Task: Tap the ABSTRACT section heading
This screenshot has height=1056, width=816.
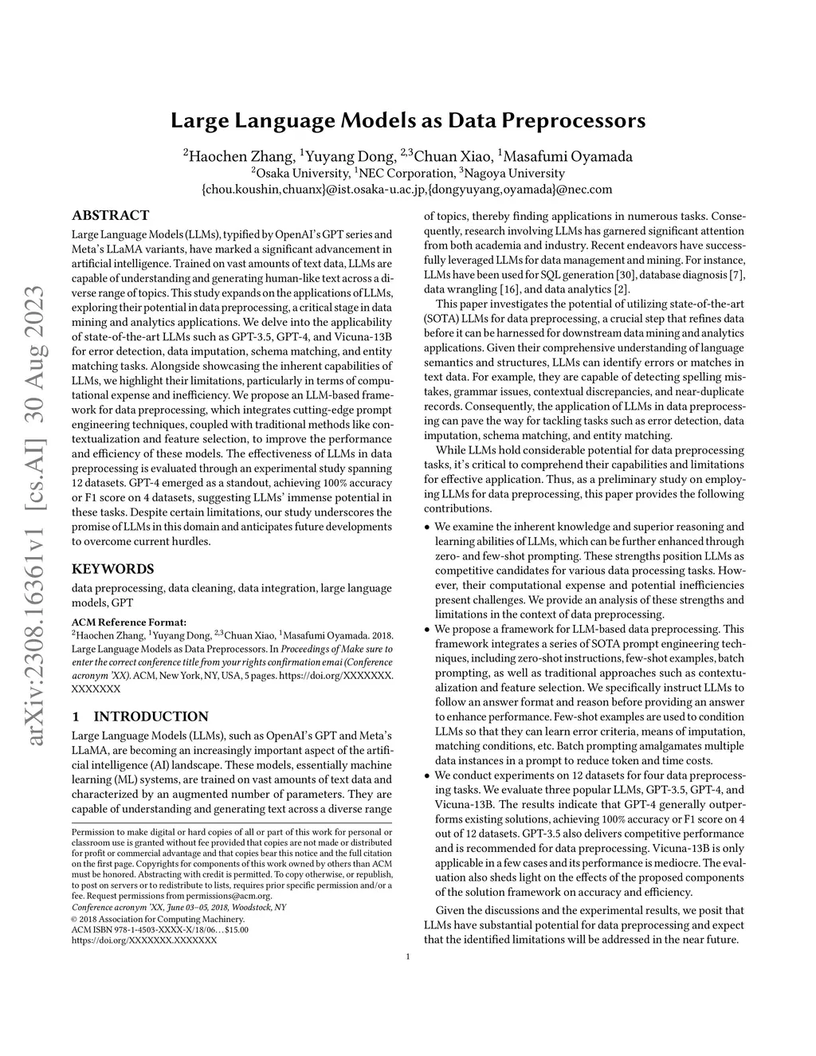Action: coord(110,215)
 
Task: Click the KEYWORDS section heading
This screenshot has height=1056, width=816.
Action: coord(112,569)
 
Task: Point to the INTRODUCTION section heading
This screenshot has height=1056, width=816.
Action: coord(151,716)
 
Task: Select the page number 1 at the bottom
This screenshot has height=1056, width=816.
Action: coord(407,956)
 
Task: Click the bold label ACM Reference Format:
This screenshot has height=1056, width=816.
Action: coord(129,622)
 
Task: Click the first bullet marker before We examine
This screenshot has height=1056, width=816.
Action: coord(427,528)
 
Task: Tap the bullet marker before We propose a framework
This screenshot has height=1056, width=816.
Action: coord(427,630)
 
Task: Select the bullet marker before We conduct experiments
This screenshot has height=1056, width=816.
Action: coord(427,775)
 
